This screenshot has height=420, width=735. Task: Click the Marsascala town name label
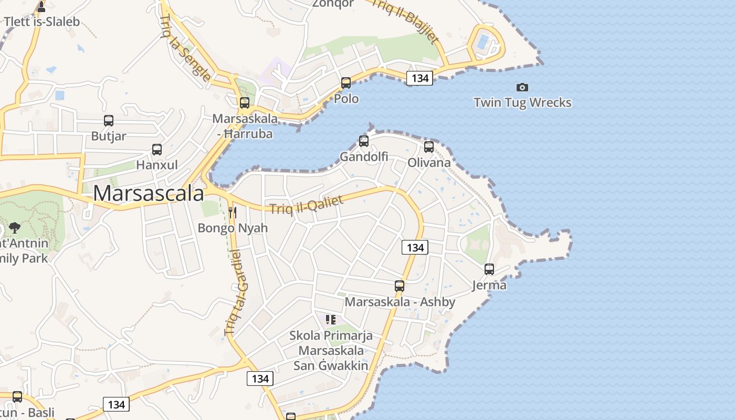click(149, 193)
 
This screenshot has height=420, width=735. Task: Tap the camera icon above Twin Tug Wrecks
click(522, 87)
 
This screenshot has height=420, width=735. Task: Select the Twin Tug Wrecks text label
click(522, 102)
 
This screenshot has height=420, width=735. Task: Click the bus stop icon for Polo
click(345, 83)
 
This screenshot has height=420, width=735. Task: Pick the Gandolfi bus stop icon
click(363, 141)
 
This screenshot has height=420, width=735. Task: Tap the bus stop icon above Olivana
click(429, 146)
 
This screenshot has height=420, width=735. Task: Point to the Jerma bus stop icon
click(489, 269)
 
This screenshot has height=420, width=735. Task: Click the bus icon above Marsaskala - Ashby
click(400, 286)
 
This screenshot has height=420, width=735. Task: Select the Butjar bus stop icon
click(109, 121)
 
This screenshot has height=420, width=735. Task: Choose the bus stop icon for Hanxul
click(157, 150)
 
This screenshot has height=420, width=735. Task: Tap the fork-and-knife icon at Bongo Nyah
click(233, 213)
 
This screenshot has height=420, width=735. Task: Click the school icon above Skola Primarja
click(331, 319)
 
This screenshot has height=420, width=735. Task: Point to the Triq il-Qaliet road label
click(307, 204)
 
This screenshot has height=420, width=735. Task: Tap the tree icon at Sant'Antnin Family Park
click(15, 228)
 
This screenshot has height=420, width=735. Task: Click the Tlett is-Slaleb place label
click(42, 22)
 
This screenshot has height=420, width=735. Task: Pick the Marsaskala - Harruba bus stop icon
click(245, 103)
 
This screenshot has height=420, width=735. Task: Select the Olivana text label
click(429, 162)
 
